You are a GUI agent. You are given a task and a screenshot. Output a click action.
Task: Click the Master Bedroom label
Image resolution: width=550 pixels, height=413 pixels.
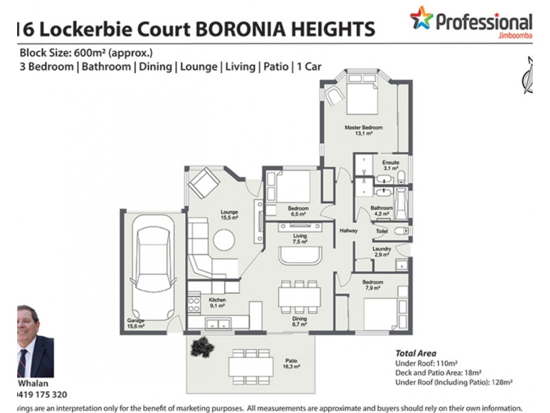click(x=363, y=128)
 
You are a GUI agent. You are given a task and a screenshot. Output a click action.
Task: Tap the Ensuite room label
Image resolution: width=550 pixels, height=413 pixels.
click(x=391, y=162)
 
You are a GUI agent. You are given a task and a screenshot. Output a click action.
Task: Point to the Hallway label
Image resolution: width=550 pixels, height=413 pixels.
click(x=348, y=230)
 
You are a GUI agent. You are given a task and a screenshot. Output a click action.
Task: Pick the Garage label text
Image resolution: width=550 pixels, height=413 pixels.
click(x=135, y=321)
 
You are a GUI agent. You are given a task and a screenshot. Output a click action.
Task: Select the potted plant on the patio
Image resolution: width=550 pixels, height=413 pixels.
click(x=203, y=346)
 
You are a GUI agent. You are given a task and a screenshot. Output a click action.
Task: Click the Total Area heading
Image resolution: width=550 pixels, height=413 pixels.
click(x=415, y=352)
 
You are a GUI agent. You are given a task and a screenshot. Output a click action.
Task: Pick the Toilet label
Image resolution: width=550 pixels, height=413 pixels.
click(x=382, y=232)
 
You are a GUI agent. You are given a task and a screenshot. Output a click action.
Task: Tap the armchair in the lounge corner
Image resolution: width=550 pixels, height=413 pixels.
click(x=204, y=184)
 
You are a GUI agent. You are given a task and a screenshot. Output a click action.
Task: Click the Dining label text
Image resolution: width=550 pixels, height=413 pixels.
click(x=298, y=319)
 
